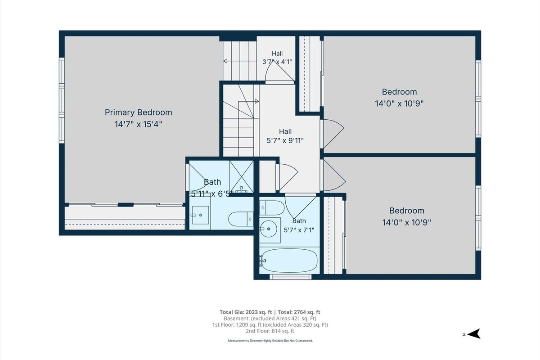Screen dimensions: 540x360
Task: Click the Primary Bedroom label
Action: (139, 112)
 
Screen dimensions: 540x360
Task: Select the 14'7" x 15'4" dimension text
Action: (139, 124)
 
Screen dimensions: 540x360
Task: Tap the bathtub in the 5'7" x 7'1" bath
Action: (289, 261)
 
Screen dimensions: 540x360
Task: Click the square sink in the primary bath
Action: (200, 215)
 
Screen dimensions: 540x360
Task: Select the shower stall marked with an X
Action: (241, 177)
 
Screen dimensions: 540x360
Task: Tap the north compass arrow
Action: (473, 334)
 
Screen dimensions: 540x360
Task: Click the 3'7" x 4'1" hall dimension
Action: (277, 62)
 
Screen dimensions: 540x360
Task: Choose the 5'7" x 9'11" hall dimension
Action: (285, 140)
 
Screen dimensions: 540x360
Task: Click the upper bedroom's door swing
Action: (333, 134)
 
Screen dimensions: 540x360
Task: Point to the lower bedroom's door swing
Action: (335, 175)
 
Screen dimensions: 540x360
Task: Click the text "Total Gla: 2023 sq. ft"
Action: (246, 312)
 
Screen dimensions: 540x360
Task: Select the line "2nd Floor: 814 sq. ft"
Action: (270, 331)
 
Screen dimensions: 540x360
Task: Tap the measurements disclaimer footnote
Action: (270, 341)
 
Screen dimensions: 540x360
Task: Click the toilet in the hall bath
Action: (272, 208)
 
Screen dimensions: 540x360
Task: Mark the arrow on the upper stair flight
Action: (239, 61)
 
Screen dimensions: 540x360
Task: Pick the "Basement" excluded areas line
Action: (270, 318)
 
